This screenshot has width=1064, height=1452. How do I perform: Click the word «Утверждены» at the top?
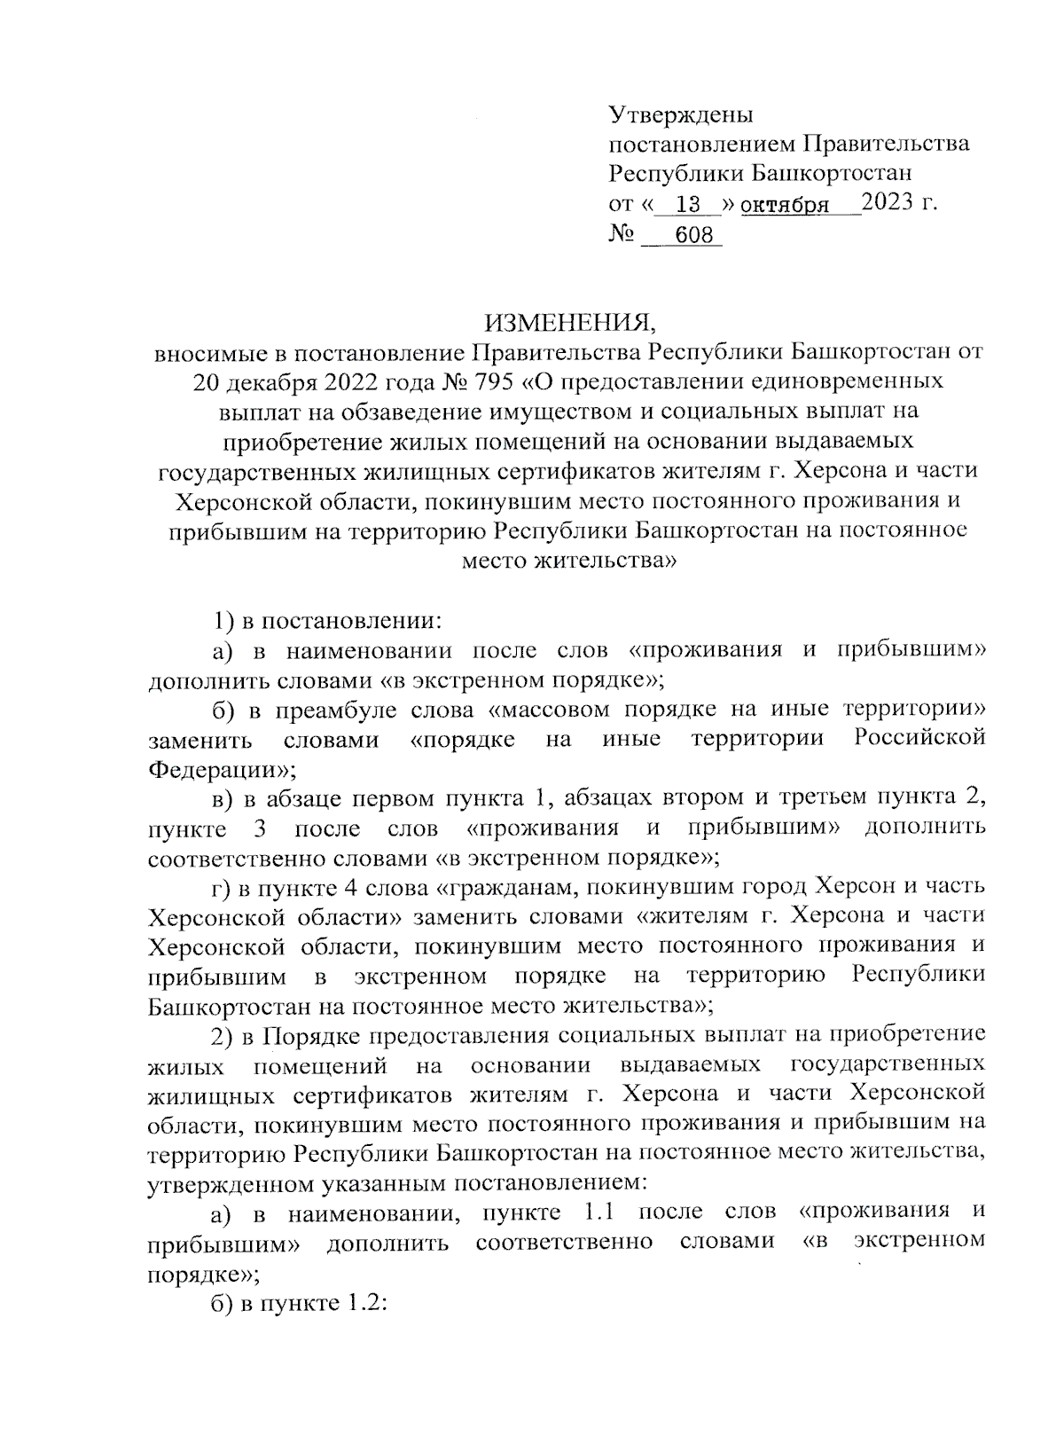(680, 114)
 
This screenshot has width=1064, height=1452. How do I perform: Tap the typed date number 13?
(687, 205)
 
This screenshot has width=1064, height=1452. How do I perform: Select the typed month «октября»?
(785, 206)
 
